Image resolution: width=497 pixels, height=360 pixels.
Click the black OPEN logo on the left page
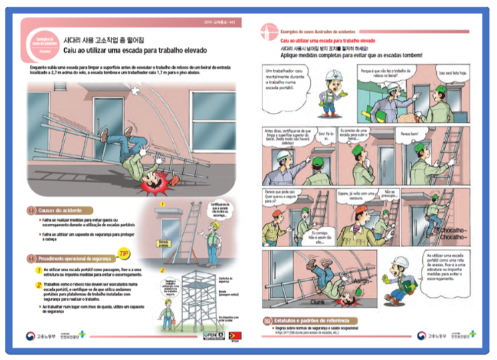click(x=211, y=335)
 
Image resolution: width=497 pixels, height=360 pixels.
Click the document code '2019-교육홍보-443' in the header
click(x=221, y=23)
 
